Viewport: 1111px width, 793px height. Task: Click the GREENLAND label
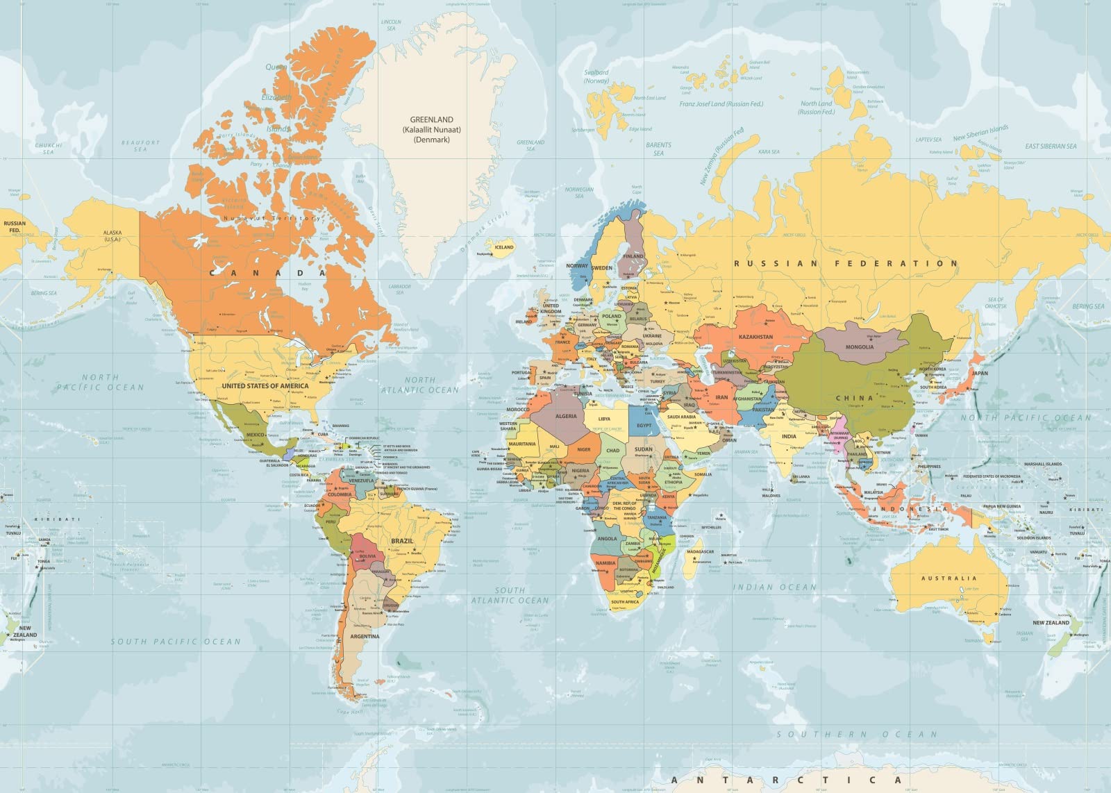point(431,119)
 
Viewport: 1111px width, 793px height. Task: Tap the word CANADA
point(267,273)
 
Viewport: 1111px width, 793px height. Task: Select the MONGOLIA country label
point(859,347)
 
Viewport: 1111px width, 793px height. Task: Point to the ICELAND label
point(504,247)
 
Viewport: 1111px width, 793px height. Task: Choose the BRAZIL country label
point(402,540)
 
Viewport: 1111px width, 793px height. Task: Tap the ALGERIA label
point(566,417)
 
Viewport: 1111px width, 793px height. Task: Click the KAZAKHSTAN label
point(755,337)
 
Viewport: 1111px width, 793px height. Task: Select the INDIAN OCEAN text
point(775,587)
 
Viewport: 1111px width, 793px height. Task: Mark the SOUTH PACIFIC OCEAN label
point(176,642)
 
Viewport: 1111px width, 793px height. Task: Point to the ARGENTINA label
point(365,636)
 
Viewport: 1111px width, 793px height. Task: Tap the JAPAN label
point(979,373)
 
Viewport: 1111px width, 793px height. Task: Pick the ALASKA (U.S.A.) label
point(112,236)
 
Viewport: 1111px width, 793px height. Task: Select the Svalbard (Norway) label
point(596,76)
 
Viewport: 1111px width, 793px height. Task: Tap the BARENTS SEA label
point(658,149)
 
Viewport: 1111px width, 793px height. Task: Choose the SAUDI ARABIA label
point(681,417)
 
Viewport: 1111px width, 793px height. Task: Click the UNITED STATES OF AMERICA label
point(265,385)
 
